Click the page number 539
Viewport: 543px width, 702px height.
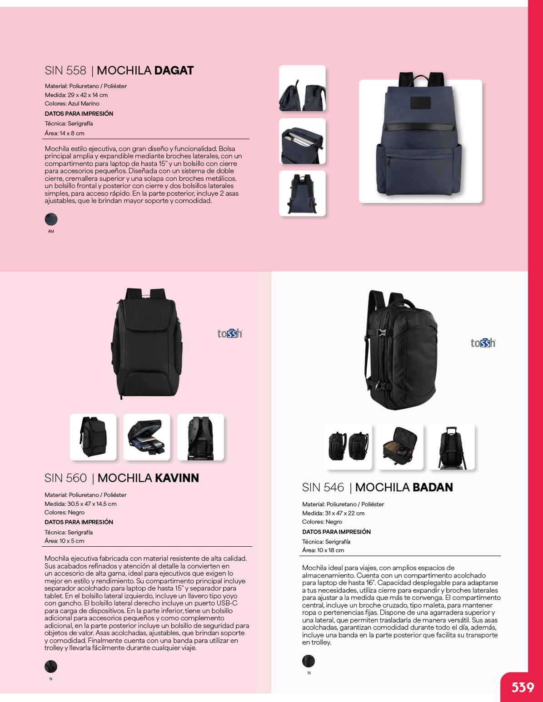[x=523, y=687]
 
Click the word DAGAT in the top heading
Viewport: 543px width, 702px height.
[x=174, y=71]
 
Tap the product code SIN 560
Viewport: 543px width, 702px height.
[x=65, y=478]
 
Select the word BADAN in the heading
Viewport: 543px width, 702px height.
[x=433, y=488]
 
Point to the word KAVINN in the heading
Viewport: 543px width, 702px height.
[x=177, y=478]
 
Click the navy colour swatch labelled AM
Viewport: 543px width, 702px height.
[x=51, y=219]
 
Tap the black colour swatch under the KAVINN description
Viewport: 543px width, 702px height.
[x=51, y=667]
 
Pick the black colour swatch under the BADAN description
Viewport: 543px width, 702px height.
[x=309, y=661]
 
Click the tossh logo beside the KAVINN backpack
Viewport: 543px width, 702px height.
[x=229, y=334]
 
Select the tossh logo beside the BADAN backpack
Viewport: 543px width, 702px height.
[x=483, y=343]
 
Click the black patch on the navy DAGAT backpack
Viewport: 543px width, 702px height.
[x=420, y=103]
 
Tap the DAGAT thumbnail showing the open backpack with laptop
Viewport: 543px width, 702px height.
[x=302, y=141]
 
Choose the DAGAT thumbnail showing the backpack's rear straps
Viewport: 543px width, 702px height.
[x=302, y=193]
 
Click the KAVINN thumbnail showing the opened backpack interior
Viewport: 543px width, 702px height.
[x=147, y=437]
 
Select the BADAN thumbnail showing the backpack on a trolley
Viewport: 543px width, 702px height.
[x=452, y=446]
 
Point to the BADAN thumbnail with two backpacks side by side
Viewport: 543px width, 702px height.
[x=349, y=446]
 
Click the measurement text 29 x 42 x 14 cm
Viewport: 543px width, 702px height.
[x=88, y=95]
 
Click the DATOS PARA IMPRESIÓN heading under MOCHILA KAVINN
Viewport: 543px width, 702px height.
[x=79, y=522]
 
